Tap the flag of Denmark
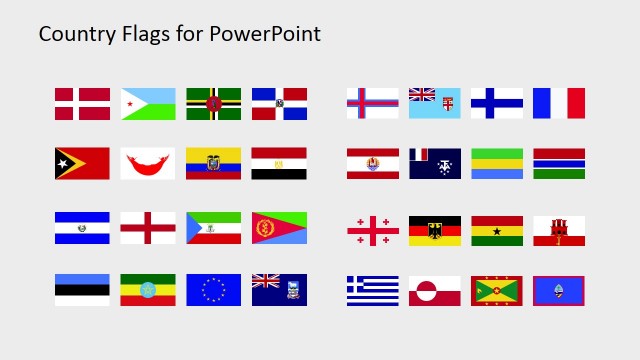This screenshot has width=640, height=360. click(x=82, y=104)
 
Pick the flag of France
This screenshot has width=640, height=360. click(x=559, y=104)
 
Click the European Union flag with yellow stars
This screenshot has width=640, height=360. click(x=213, y=290)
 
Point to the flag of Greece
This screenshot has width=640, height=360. click(x=373, y=291)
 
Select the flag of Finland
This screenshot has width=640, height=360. click(x=497, y=104)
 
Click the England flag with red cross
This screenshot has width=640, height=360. click(x=148, y=228)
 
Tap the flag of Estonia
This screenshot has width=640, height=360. click(x=82, y=290)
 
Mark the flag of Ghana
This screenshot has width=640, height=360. click(x=497, y=231)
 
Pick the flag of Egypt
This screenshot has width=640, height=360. click(x=279, y=164)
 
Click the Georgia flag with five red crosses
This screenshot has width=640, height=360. click(x=373, y=231)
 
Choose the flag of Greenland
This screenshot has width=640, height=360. click(x=435, y=291)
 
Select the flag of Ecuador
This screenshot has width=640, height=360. click(x=213, y=164)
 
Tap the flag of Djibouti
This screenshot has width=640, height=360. click(x=148, y=104)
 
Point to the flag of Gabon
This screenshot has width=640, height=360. click(x=497, y=164)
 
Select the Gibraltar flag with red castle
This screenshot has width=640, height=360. click(x=559, y=231)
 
